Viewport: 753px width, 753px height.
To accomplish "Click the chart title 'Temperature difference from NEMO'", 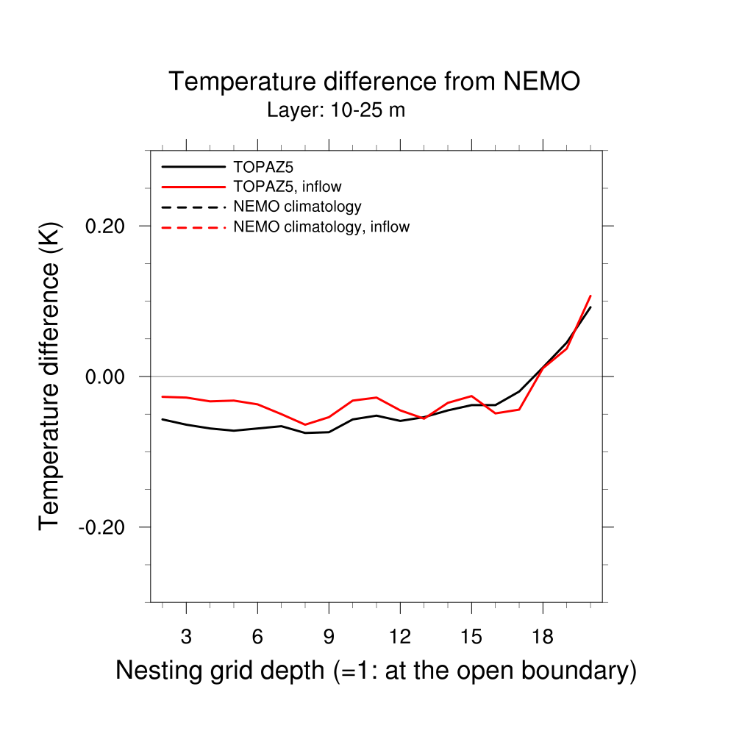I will tap(374, 81).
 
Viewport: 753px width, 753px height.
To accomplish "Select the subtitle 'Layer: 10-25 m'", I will tap(336, 111).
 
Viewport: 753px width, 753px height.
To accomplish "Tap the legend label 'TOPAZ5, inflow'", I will tap(287, 187).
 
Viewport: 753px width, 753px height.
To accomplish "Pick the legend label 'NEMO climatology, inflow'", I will tap(321, 227).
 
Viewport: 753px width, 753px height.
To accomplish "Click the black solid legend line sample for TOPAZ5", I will tap(193, 167).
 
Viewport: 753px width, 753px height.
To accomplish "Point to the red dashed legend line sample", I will tap(193, 227).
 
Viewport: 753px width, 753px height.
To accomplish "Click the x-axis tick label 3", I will tap(186, 637).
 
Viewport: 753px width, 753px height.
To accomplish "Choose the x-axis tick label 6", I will tap(257, 637).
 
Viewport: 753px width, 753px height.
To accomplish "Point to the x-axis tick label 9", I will tap(329, 637).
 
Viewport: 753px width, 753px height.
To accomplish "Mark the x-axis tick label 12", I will tap(400, 637).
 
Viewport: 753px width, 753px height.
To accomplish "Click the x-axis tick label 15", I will tap(471, 637).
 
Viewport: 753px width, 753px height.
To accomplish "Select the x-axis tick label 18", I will tap(543, 637).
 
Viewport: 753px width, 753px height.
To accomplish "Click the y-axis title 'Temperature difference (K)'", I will tap(49, 376).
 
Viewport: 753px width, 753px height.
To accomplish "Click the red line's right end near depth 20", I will tap(590, 296).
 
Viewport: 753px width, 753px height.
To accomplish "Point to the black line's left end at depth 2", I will tap(163, 419).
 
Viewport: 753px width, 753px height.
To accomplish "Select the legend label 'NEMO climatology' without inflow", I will tap(297, 207).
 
